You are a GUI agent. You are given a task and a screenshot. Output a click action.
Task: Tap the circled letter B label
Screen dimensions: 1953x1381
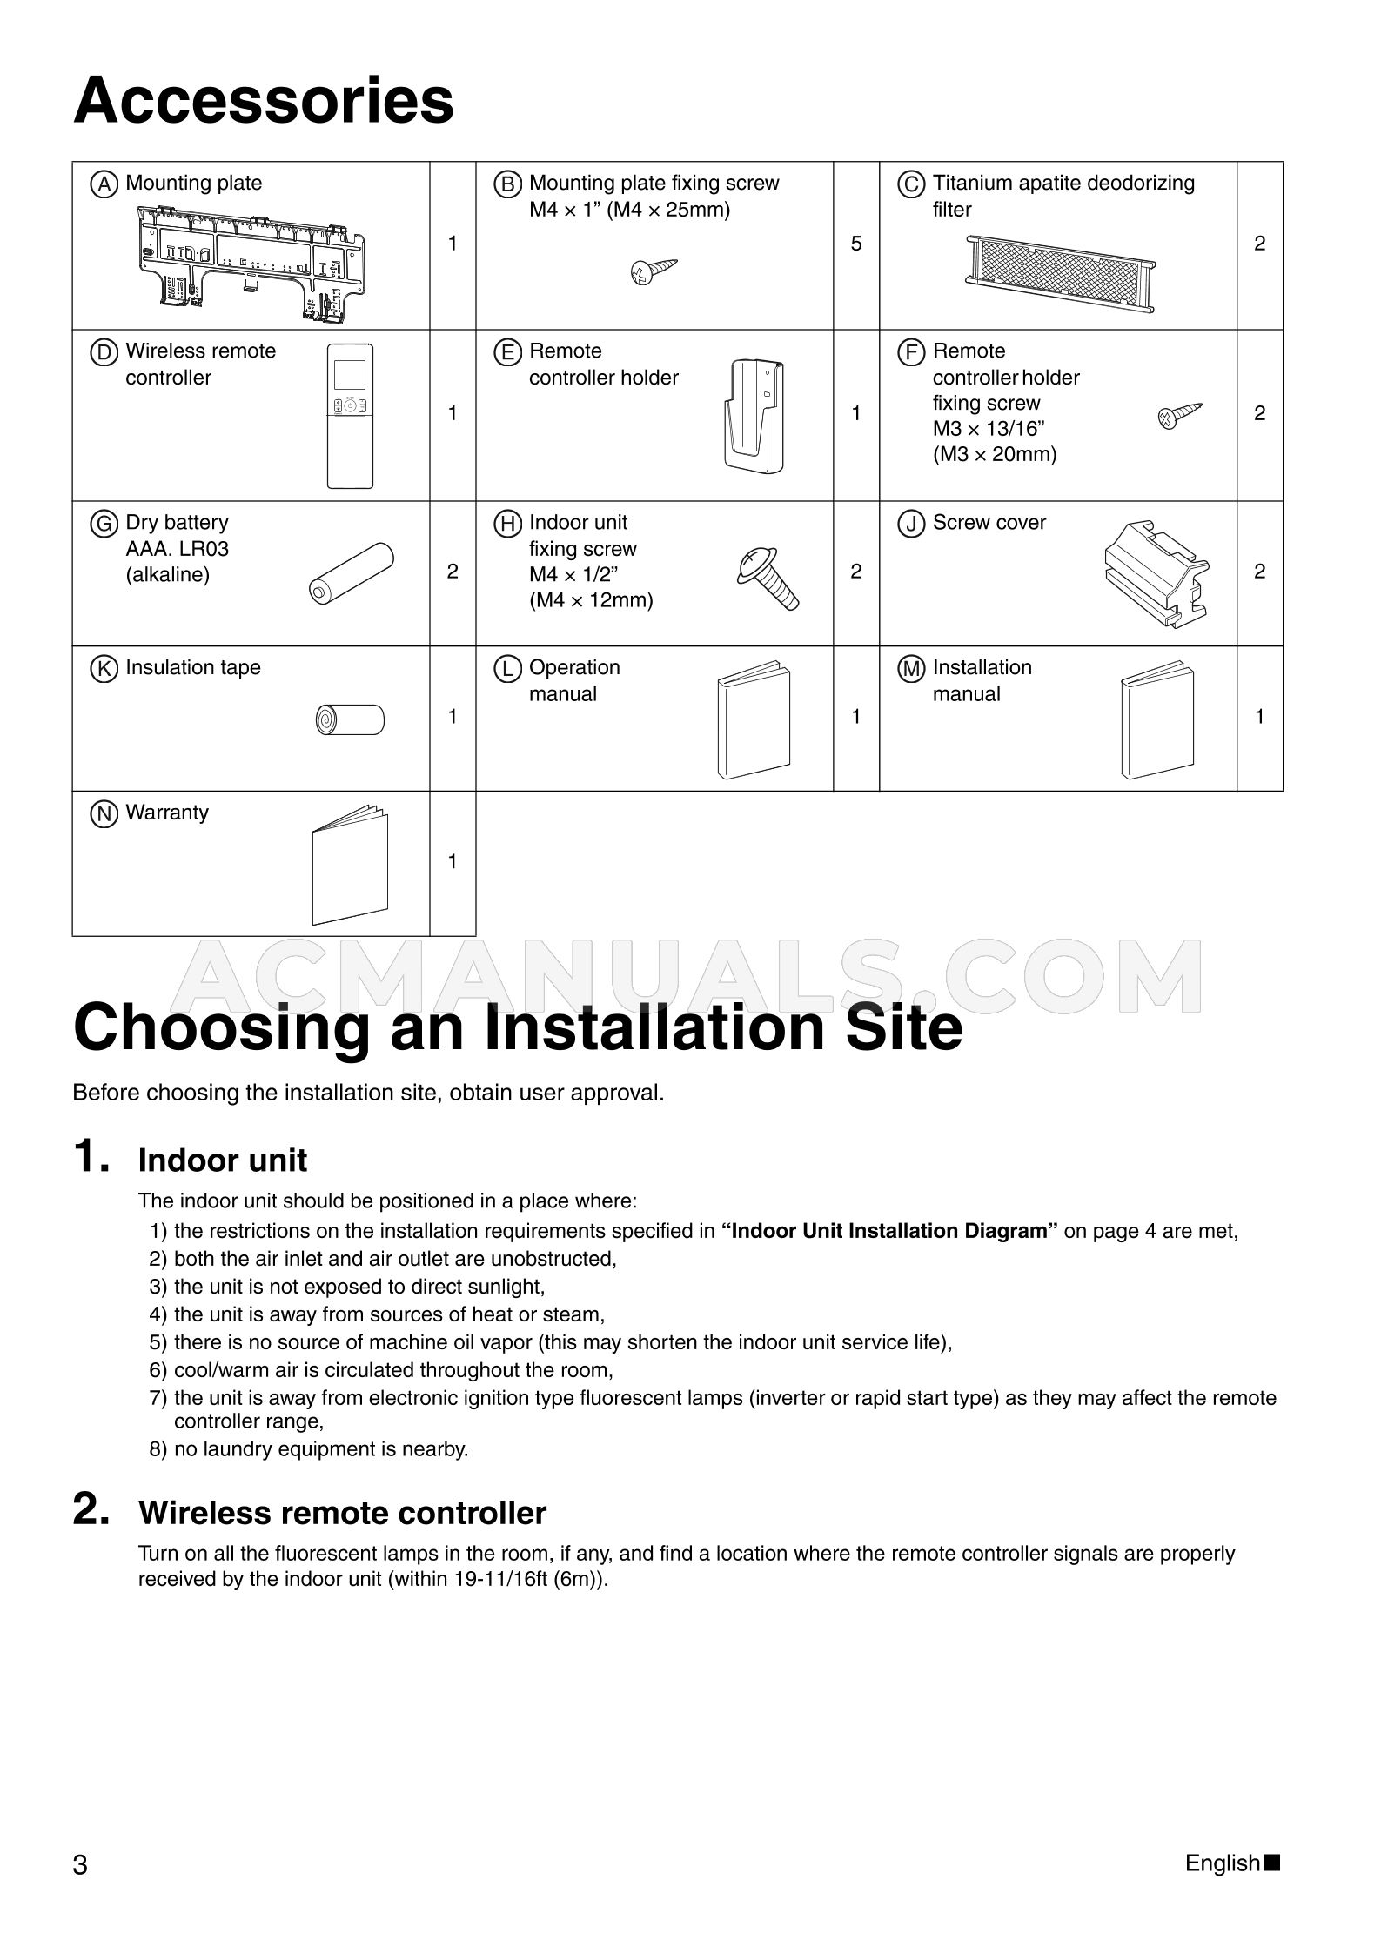click(507, 184)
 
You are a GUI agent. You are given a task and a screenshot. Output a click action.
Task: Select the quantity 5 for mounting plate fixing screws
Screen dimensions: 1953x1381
click(856, 244)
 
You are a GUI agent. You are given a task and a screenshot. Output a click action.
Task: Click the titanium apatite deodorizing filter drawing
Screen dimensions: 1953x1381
click(1059, 270)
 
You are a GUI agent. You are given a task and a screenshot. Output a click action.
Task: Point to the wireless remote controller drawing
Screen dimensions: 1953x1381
click(350, 415)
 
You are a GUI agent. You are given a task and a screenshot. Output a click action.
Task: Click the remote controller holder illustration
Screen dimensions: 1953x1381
click(754, 415)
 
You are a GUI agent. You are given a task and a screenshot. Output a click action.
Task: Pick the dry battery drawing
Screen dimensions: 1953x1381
click(351, 573)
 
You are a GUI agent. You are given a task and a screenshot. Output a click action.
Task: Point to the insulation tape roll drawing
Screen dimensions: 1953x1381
click(350, 719)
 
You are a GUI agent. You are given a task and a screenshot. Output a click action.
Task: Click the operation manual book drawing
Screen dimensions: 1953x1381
click(754, 720)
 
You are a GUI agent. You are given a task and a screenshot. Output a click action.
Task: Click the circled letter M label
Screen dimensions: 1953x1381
click(911, 669)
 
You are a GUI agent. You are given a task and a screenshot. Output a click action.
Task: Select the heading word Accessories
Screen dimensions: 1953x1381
click(264, 102)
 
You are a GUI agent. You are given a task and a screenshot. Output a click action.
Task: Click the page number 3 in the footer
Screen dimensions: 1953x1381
click(80, 1865)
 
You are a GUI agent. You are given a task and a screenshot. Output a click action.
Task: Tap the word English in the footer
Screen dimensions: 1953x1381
click(1222, 1863)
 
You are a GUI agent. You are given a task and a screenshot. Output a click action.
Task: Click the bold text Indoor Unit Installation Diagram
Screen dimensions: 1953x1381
click(889, 1231)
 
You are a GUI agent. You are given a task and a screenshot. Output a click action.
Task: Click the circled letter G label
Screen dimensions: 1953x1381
click(104, 524)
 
